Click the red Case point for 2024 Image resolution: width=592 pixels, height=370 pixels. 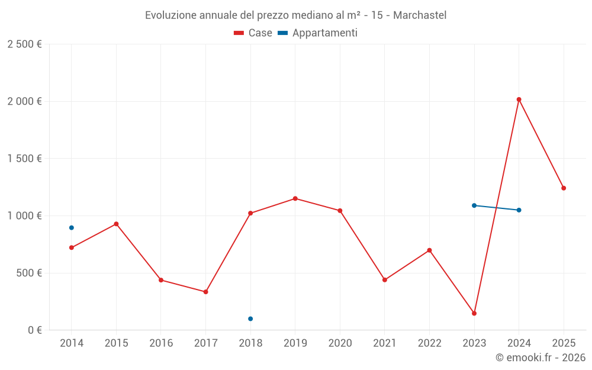pyautogui.click(x=519, y=99)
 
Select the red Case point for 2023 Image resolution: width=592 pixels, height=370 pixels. pyautogui.click(x=474, y=313)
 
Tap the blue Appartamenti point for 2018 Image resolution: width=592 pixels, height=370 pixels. pyautogui.click(x=250, y=318)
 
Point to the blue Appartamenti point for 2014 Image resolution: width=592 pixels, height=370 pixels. pyautogui.click(x=72, y=227)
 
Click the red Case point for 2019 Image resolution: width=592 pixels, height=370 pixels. pyautogui.click(x=295, y=198)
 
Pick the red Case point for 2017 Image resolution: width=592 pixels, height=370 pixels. pyautogui.click(x=205, y=292)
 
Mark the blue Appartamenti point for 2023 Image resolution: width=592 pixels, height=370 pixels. pyautogui.click(x=474, y=205)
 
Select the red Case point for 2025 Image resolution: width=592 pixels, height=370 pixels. pyautogui.click(x=564, y=188)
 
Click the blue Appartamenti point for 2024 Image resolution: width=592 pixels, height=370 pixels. pyautogui.click(x=519, y=210)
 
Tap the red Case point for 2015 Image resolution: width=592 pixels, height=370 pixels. pyautogui.click(x=116, y=224)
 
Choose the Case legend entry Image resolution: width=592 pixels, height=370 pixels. pyautogui.click(x=253, y=33)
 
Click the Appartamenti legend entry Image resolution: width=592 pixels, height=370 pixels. pyautogui.click(x=318, y=33)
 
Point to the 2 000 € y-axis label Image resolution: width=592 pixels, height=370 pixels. pyautogui.click(x=24, y=101)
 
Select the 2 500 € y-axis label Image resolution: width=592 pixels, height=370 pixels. pyautogui.click(x=24, y=44)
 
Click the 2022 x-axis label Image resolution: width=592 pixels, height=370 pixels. pyautogui.click(x=429, y=343)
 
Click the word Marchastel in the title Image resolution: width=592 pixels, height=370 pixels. pyautogui.click(x=419, y=15)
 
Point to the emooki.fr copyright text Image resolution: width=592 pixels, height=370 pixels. pyautogui.click(x=540, y=358)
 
